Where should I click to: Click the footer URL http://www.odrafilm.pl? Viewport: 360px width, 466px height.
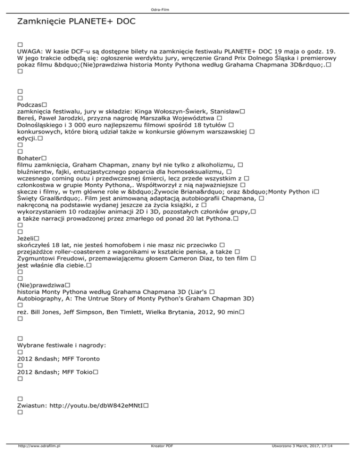pyautogui.click(x=39, y=459)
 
